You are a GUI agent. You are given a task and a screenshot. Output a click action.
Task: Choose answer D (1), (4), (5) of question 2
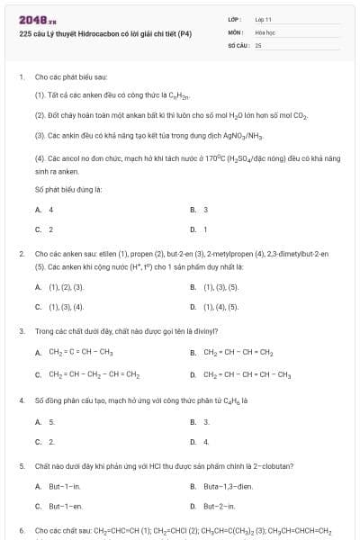pyautogui.click(x=220, y=306)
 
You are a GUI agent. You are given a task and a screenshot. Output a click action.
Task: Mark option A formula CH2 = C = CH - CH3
pyautogui.click(x=80, y=352)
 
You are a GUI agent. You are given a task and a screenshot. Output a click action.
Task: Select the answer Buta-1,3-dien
pyautogui.click(x=224, y=486)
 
